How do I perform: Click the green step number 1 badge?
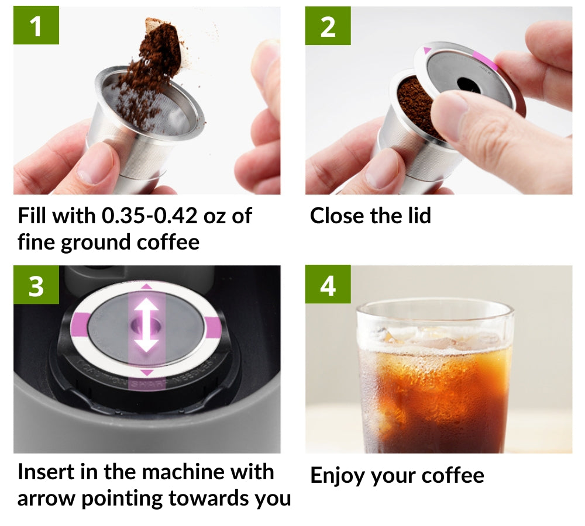pos(36,26)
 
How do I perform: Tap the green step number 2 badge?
pos(328,26)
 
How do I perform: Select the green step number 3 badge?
pos(36,286)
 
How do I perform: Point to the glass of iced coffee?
pos(436,380)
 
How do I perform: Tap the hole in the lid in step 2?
pos(468,84)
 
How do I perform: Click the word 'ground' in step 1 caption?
pos(100,241)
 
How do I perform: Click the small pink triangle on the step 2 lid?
pos(427,51)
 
